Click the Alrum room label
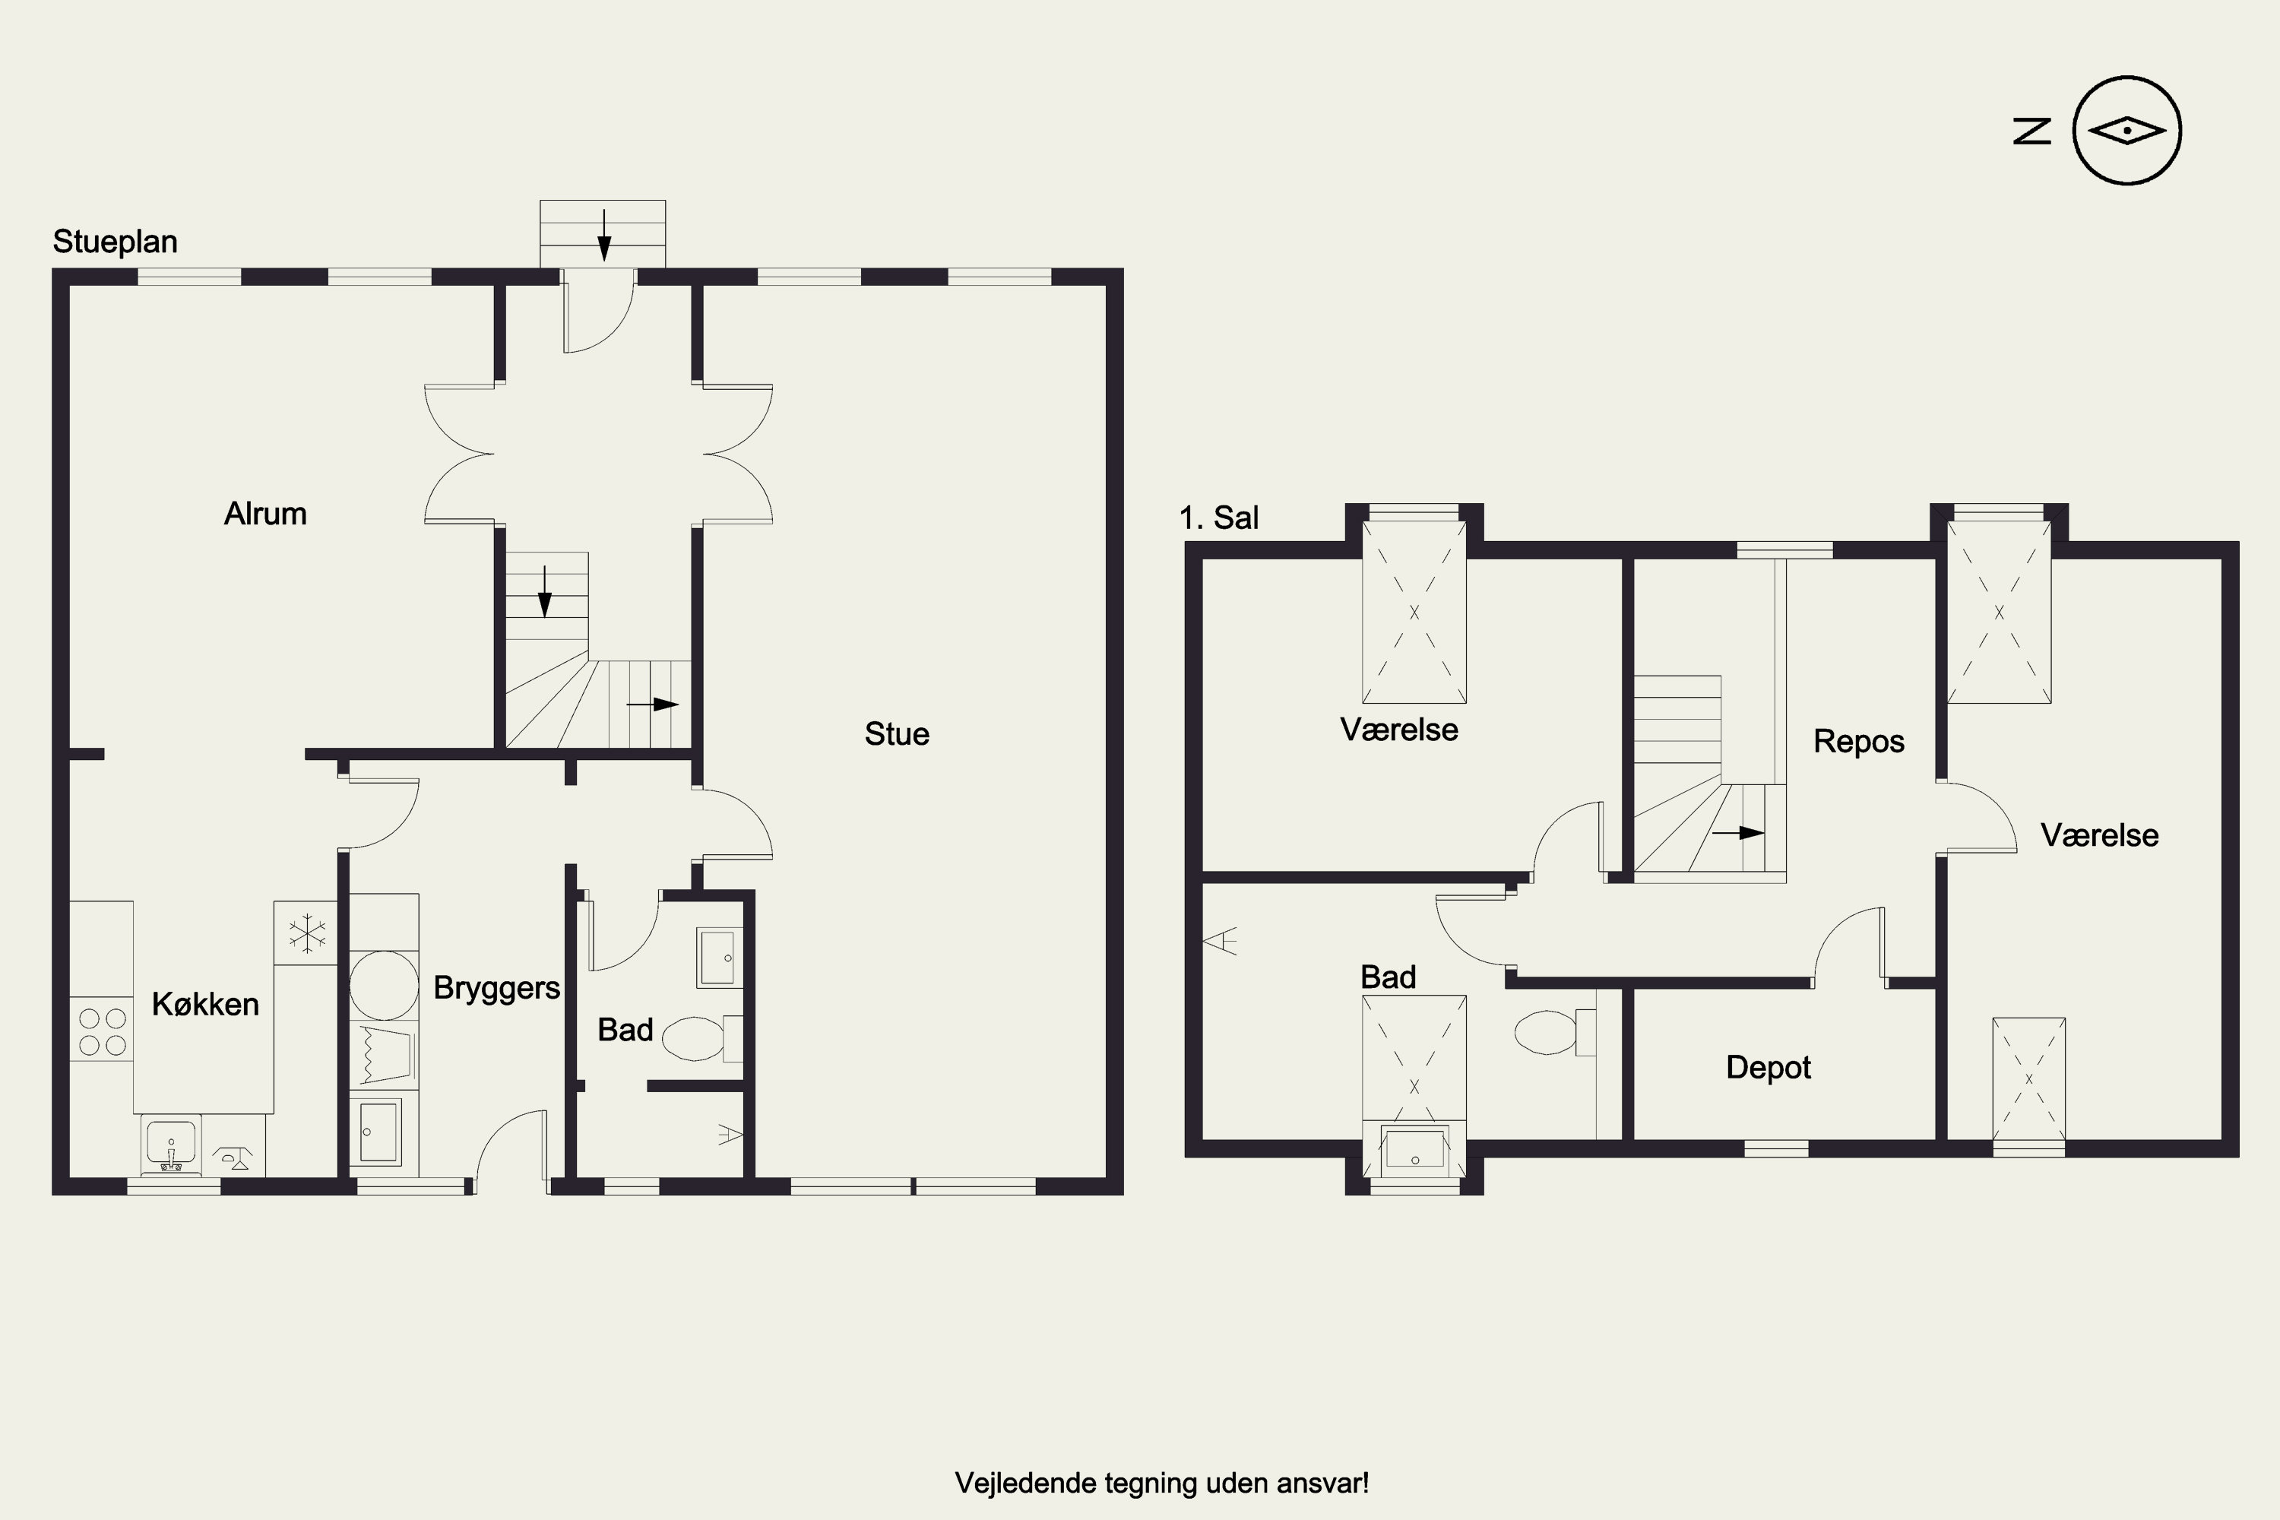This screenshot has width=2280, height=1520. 264,514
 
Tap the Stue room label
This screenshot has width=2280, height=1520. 897,734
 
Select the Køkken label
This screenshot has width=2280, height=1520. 205,1004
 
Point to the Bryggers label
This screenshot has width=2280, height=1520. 496,989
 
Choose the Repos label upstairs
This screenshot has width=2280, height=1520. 1858,742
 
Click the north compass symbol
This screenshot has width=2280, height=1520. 2126,130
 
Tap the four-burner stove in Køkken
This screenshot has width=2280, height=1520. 102,1031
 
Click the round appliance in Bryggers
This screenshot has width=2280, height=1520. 384,985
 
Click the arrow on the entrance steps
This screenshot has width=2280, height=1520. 604,235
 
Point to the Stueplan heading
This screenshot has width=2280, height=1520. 116,242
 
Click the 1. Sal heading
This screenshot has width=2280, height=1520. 1218,518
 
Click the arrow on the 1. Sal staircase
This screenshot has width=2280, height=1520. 1737,833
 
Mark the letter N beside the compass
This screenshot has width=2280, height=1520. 2031,131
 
